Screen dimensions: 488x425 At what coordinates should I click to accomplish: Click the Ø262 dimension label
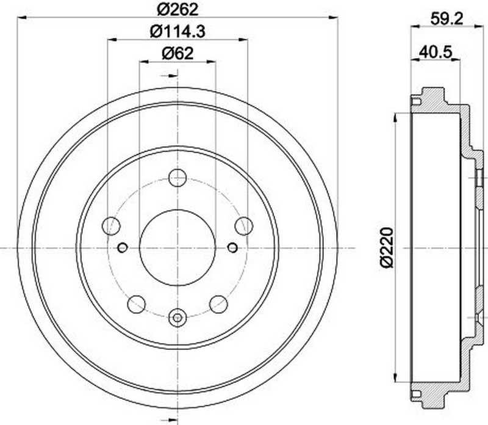(x=178, y=10)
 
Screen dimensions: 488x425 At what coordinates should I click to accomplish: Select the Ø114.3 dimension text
(x=178, y=32)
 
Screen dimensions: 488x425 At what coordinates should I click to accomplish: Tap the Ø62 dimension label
(x=178, y=54)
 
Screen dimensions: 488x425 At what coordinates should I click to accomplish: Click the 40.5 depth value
(x=435, y=52)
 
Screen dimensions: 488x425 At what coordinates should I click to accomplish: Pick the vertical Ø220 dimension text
(x=387, y=248)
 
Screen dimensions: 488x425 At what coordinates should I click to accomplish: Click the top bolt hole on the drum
(x=178, y=178)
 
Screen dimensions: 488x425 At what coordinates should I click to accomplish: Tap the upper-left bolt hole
(x=111, y=226)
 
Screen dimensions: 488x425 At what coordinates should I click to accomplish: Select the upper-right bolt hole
(x=244, y=226)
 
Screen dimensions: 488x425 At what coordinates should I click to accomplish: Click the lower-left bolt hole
(x=137, y=305)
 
